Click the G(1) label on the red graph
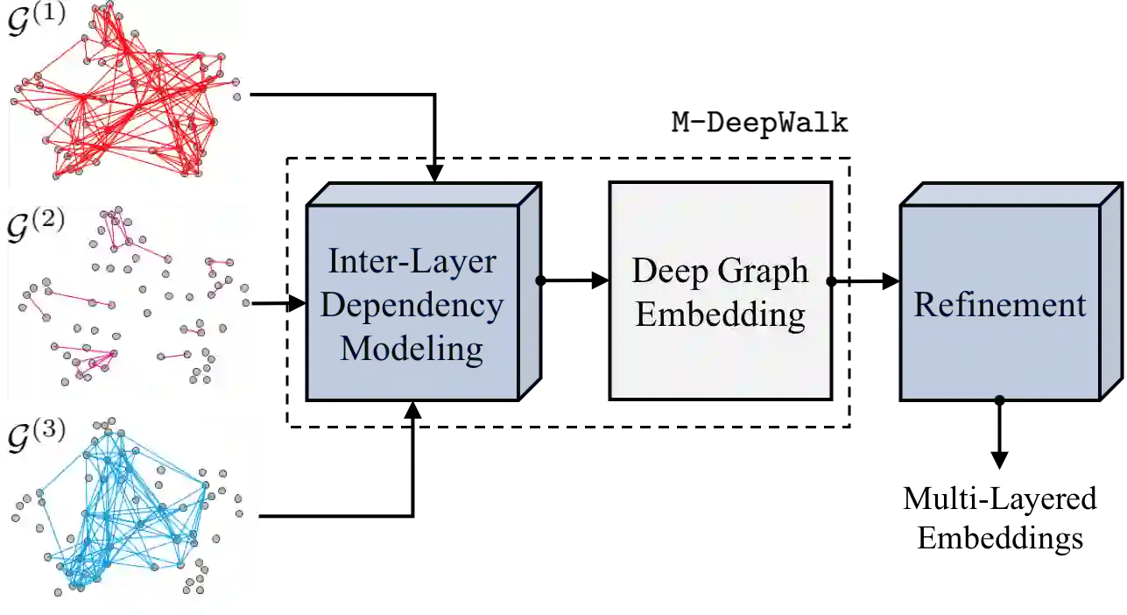tap(36, 18)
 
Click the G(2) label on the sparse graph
tap(36, 223)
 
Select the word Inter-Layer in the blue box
tap(412, 261)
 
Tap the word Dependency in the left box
tap(412, 306)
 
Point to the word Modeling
tap(412, 349)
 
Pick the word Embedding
tap(720, 314)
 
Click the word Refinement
tap(1000, 305)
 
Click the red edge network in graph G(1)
tap(131, 105)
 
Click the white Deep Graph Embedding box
tap(720, 368)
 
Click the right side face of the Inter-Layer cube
tap(527, 293)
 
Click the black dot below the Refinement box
tap(1000, 399)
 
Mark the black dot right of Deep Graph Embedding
tap(830, 281)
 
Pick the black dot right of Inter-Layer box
tap(539, 281)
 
